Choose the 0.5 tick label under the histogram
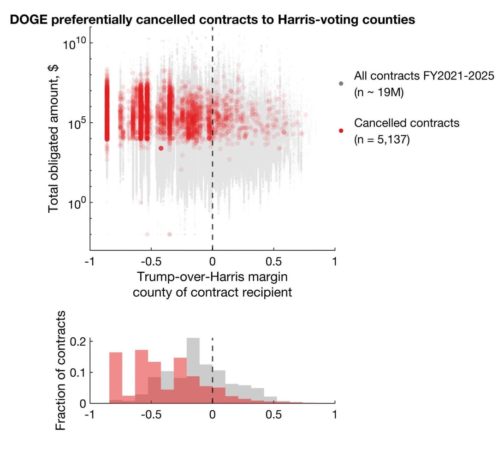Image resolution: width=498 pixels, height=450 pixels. (x=273, y=414)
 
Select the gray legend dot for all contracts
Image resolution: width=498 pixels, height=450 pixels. (x=341, y=84)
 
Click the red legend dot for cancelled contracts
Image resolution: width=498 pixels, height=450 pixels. (x=341, y=131)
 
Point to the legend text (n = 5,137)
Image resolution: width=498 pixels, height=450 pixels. (x=382, y=139)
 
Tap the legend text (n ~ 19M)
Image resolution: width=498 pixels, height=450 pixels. (x=379, y=92)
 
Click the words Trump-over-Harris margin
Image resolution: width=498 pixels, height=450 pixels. (x=212, y=277)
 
